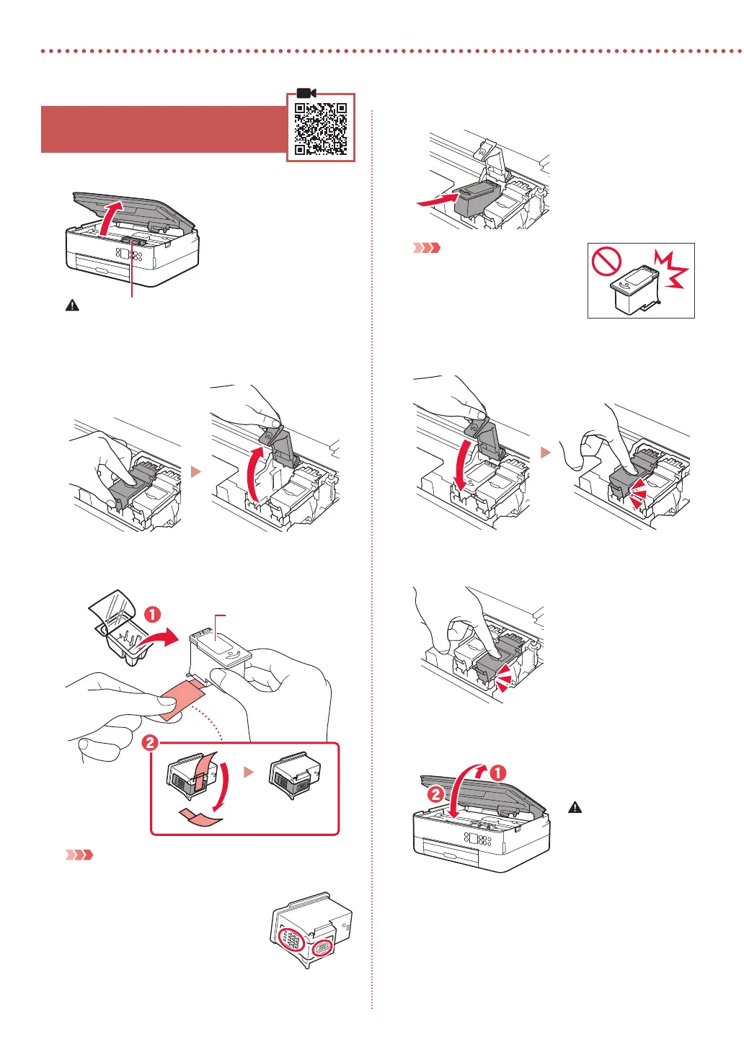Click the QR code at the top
point(321,129)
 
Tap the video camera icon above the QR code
point(306,94)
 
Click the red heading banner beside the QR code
point(164,129)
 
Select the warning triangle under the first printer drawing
point(72,306)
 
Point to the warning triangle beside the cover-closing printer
point(575,807)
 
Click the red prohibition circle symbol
point(607,262)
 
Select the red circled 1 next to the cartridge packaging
point(153,615)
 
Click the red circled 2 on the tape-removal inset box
point(149,742)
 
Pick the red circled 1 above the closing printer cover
point(498,773)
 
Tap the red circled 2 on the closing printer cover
point(436,795)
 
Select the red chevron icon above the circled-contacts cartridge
point(79,855)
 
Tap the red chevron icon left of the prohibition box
point(426,248)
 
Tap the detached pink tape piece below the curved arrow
point(199,816)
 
